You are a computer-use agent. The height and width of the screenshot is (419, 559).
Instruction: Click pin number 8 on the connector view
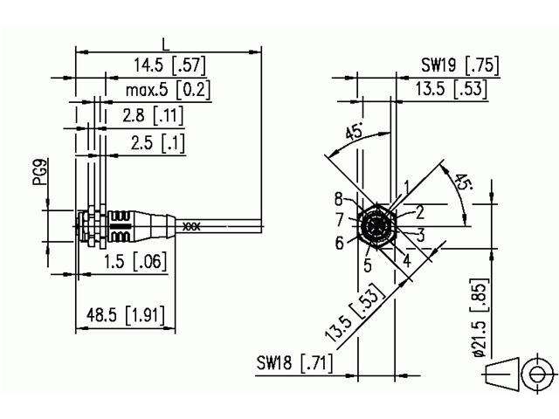(x=339, y=198)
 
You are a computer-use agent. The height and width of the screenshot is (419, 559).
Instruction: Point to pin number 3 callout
(x=420, y=234)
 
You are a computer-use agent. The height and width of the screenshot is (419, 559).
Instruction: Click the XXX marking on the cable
(x=191, y=226)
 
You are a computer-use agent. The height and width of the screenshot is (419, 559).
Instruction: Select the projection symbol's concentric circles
(x=533, y=374)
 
